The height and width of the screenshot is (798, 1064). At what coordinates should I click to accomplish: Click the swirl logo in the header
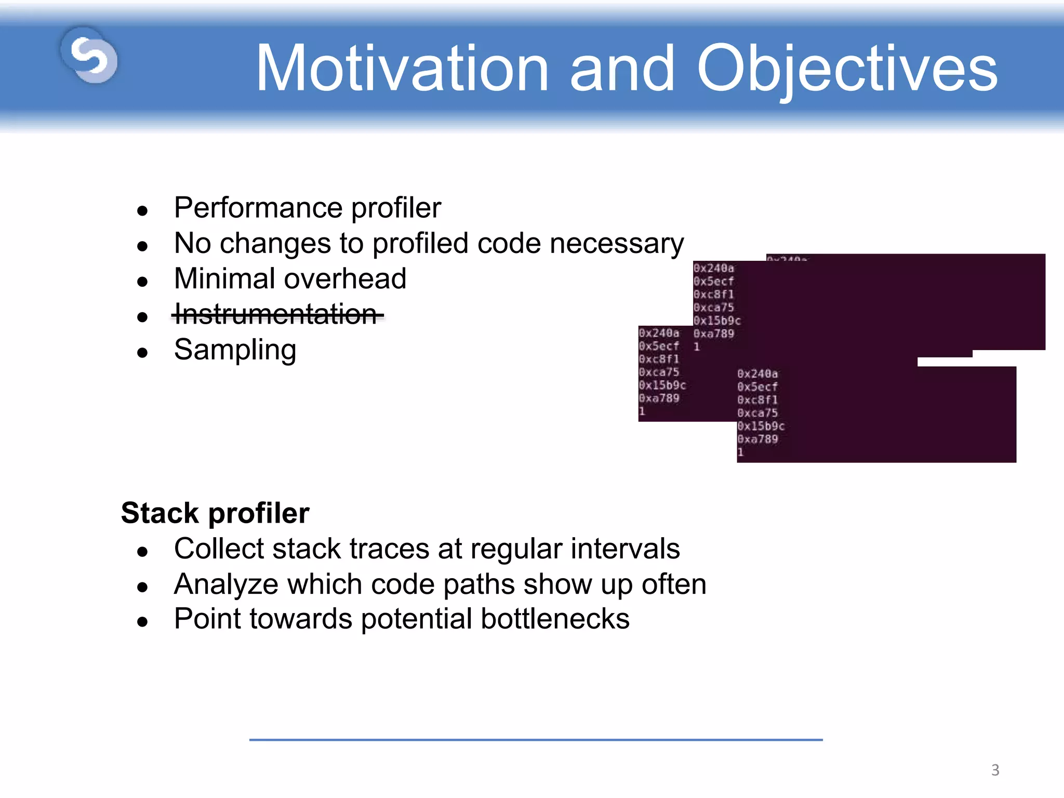89,56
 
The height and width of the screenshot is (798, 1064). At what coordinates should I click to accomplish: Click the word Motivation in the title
402,69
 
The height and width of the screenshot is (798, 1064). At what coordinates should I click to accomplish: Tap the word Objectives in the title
847,69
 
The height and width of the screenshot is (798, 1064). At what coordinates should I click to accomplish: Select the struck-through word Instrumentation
276,314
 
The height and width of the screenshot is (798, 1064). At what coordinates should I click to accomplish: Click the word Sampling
235,350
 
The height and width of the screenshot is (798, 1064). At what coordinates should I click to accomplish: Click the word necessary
616,243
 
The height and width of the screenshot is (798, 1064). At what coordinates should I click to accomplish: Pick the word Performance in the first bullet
258,208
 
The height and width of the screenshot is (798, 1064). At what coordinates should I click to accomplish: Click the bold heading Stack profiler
215,513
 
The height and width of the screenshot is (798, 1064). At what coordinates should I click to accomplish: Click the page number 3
995,769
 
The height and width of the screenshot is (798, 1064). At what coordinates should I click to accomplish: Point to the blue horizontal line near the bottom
535,739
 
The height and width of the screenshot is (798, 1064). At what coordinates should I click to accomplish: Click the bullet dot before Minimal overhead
142,282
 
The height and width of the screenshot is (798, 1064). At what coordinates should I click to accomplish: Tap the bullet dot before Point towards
142,622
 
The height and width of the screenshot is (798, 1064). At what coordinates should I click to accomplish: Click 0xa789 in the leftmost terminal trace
659,398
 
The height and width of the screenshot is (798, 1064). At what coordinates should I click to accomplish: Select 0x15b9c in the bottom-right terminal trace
761,426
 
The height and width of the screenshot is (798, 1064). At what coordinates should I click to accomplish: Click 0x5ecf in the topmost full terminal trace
713,281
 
